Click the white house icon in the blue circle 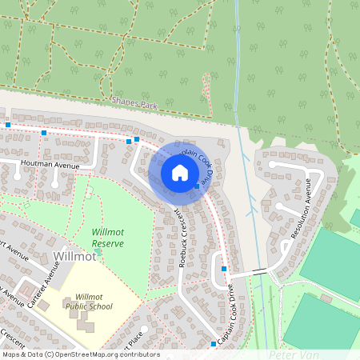[x=179, y=172]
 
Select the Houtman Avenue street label [x=50, y=164]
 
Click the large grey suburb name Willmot [x=74, y=256]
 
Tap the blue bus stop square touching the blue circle [x=197, y=186]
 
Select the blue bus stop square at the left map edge [x=8, y=126]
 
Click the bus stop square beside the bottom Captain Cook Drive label [x=214, y=344]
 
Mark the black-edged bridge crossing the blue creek [x=260, y=271]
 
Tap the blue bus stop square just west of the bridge [x=224, y=269]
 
